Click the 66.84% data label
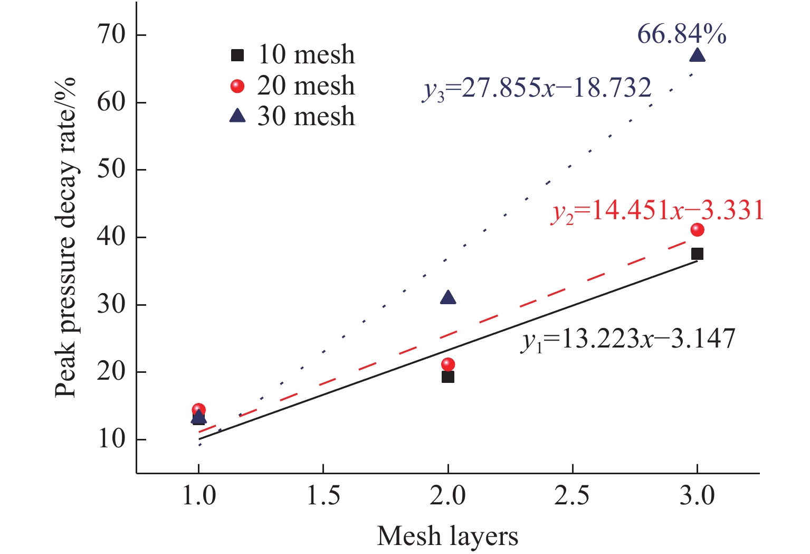[681, 35]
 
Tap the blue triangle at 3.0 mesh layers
[697, 55]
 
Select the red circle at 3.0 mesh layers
[697, 229]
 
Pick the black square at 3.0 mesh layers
[697, 254]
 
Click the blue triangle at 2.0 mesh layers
[448, 298]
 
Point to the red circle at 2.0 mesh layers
[448, 364]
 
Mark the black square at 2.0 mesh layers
[448, 377]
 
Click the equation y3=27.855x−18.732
[537, 88]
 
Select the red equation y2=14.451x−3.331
[657, 211]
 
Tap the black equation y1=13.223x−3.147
[628, 339]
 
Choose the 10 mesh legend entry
[293, 54]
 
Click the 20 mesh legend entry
[293, 86]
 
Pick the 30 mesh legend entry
[293, 116]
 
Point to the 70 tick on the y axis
[111, 35]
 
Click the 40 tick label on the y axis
[111, 237]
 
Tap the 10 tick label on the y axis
[111, 439]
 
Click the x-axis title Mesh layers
[447, 536]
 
